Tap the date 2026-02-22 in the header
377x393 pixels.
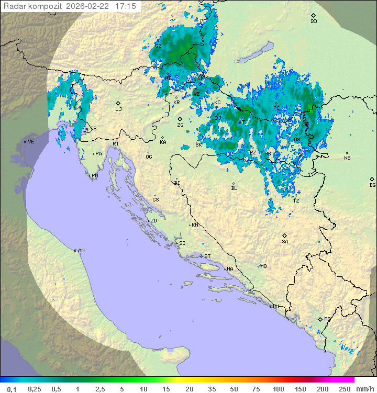point(86,6)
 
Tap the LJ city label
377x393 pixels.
point(118,109)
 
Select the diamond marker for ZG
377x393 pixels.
point(180,119)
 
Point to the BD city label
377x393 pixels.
point(314,21)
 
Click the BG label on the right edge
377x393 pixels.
point(372,185)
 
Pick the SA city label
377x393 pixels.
point(285,242)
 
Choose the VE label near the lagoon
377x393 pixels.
point(31,142)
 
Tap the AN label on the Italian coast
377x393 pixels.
point(81,251)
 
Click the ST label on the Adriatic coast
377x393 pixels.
point(207,256)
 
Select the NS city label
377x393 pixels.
point(347,158)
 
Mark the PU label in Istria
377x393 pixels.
point(95,176)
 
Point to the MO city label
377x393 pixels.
point(264,266)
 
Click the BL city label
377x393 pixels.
point(234,188)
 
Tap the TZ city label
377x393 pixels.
point(296,200)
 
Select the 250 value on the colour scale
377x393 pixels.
point(345,389)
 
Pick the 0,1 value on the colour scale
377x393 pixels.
point(12,389)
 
